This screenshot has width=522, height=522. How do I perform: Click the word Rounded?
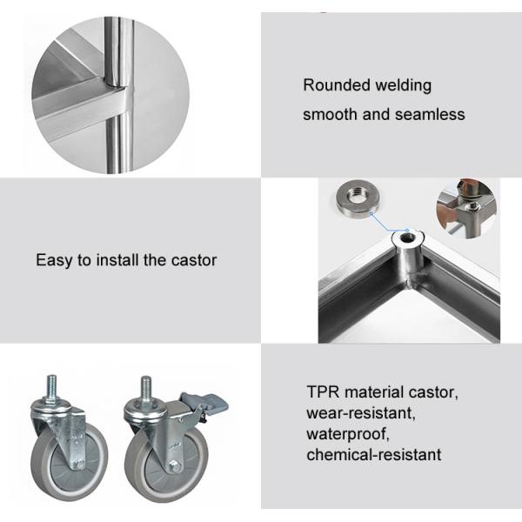[x=336, y=85]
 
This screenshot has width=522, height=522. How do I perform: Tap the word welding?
[x=403, y=86]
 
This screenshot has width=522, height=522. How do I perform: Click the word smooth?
[x=330, y=115]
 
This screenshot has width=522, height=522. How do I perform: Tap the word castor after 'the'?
[x=194, y=260]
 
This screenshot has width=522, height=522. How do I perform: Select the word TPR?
[x=323, y=391]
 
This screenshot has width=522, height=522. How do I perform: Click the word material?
[x=373, y=391]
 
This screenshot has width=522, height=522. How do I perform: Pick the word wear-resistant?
[x=361, y=413]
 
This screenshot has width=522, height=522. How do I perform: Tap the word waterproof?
[x=348, y=434]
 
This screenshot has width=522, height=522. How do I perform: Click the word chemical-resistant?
[x=374, y=455]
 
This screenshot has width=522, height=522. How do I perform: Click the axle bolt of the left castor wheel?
[x=79, y=465]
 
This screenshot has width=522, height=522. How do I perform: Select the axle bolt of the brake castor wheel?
[x=174, y=466]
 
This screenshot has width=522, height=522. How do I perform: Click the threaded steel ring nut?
[x=358, y=198]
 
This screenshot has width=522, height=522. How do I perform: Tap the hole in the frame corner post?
[x=407, y=238]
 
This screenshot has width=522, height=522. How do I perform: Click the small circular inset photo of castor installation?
[x=466, y=209]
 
